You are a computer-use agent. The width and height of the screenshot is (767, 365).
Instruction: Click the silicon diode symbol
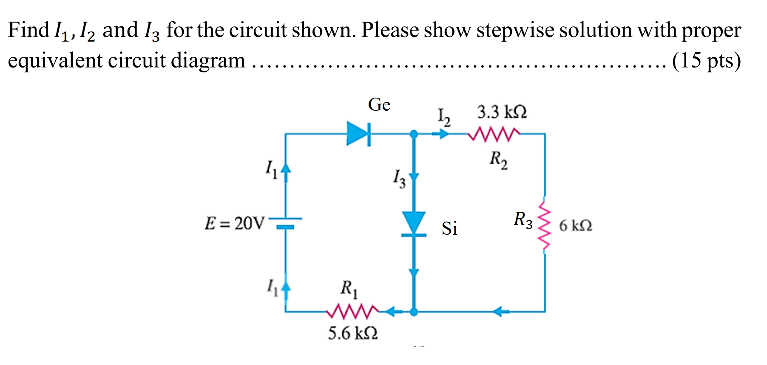pyautogui.click(x=414, y=224)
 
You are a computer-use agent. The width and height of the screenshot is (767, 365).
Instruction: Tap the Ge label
pyautogui.click(x=379, y=104)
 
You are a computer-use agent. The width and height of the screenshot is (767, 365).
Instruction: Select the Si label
pyautogui.click(x=449, y=228)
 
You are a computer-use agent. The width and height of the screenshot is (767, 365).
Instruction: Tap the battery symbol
pyautogui.click(x=285, y=222)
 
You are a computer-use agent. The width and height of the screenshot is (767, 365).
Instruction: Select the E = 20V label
pyautogui.click(x=234, y=223)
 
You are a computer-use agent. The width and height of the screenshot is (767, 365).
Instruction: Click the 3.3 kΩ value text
pyautogui.click(x=502, y=112)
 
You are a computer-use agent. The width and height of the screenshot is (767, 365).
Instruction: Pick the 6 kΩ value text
pyautogui.click(x=575, y=225)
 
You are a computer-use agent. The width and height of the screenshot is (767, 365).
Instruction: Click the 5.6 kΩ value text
pyautogui.click(x=352, y=333)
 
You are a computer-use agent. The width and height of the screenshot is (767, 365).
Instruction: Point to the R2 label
pyautogui.click(x=498, y=160)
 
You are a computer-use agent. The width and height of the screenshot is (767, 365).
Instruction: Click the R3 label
pyautogui.click(x=523, y=220)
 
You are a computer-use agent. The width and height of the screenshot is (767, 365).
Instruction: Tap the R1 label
pyautogui.click(x=349, y=289)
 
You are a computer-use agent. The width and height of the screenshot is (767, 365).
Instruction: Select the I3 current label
pyautogui.click(x=399, y=178)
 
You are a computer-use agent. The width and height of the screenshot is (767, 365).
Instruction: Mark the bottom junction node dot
pyautogui.click(x=414, y=312)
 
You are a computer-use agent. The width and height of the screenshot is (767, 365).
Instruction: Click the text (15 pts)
pyautogui.click(x=706, y=60)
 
